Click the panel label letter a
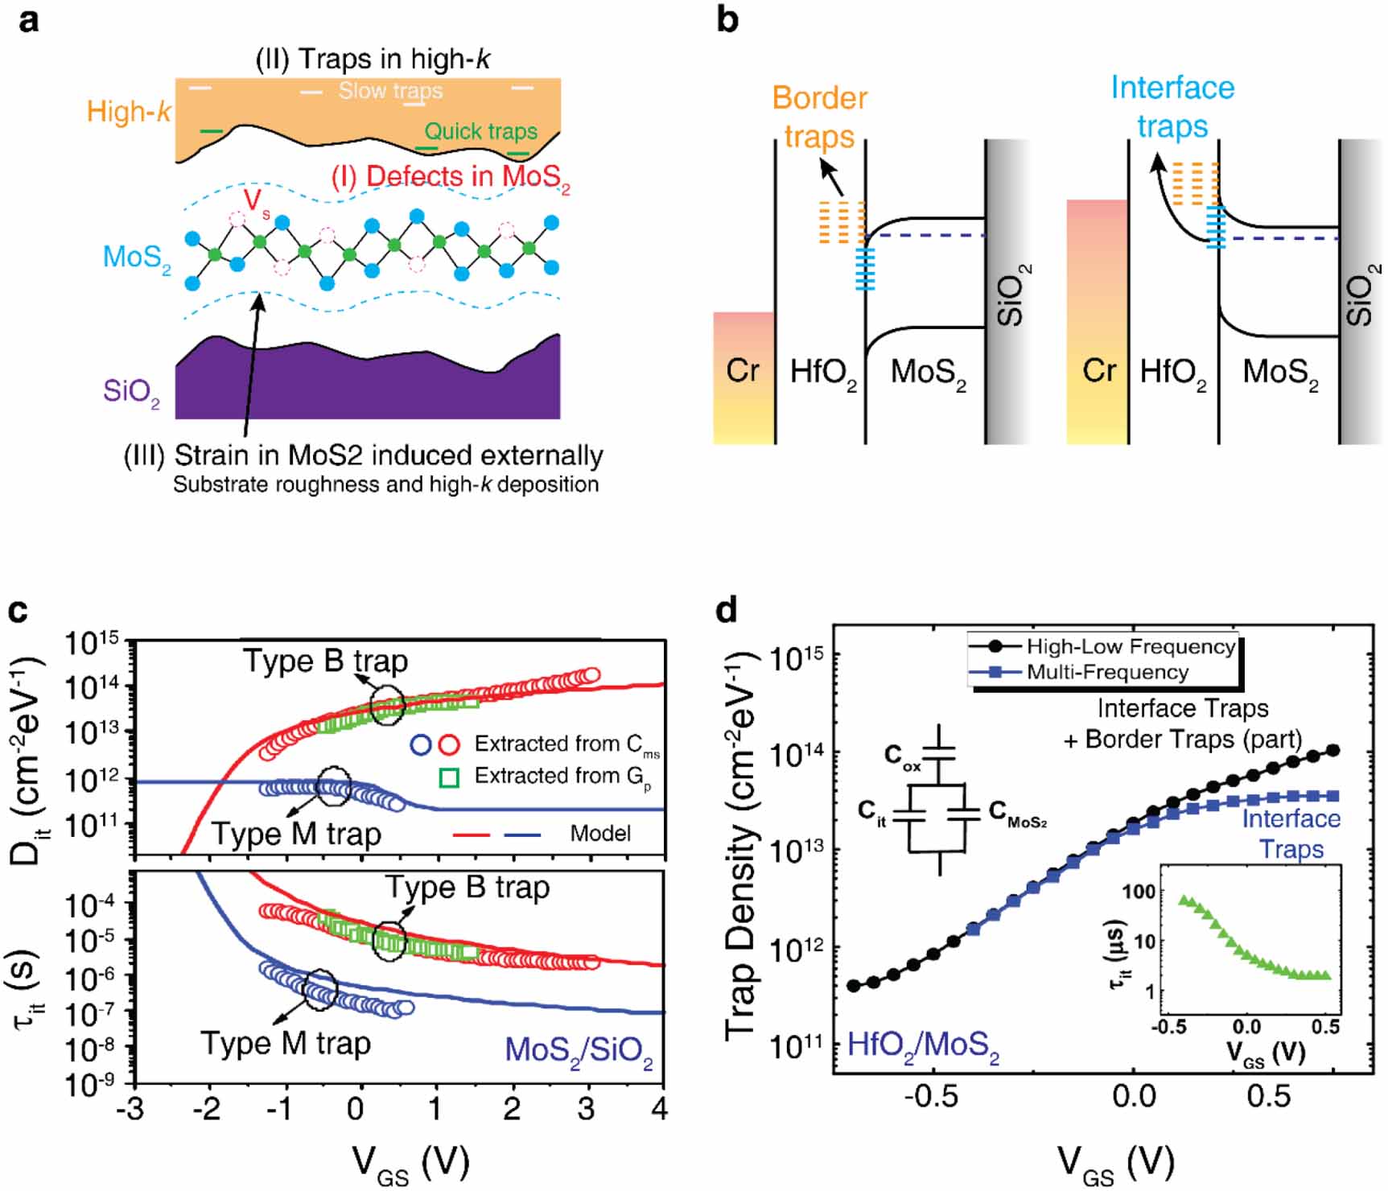[x=29, y=20]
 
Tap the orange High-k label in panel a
[x=129, y=111]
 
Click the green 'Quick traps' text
[x=480, y=131]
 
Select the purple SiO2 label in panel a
[x=131, y=392]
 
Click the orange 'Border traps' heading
[x=819, y=117]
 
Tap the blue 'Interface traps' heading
[x=1172, y=106]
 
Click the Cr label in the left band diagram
[x=742, y=371]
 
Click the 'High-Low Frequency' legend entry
[x=1131, y=646]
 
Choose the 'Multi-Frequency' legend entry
[x=1107, y=672]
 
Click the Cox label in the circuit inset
[x=902, y=756]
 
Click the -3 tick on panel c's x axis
[x=130, y=1109]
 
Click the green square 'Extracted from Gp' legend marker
[x=448, y=777]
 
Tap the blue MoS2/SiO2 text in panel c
[x=579, y=1051]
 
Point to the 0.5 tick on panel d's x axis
[x=1268, y=1096]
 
